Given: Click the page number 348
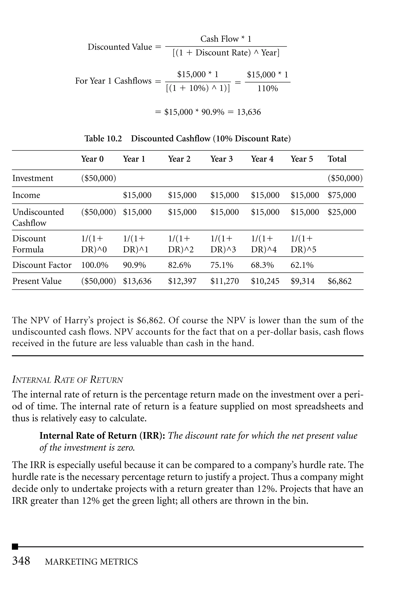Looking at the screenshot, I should click(21, 561).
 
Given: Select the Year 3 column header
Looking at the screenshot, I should click(221, 159).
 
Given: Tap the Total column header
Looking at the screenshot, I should click(337, 159).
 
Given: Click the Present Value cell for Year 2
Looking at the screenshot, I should click(182, 281).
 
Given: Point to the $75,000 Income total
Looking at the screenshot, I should click(342, 195).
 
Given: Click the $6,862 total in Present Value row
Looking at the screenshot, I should click(339, 281).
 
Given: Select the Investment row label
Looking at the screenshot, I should click(33, 178).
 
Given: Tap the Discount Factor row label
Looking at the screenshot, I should click(42, 265).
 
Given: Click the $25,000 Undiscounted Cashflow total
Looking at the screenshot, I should click(342, 212).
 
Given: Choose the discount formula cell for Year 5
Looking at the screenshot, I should click(303, 244).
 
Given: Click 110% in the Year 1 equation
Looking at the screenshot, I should click(268, 89).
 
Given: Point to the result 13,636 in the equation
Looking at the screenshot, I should click(249, 112).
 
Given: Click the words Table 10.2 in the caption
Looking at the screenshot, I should click(103, 139).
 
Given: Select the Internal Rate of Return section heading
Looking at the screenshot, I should click(67, 380).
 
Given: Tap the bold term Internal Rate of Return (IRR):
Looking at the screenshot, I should click(102, 436).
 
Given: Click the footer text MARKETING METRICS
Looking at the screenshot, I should click(91, 562).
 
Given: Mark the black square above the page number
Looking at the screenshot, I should click(15, 547).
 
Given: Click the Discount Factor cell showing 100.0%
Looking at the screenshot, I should click(95, 265).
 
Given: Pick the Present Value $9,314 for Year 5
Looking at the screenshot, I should click(302, 281).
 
